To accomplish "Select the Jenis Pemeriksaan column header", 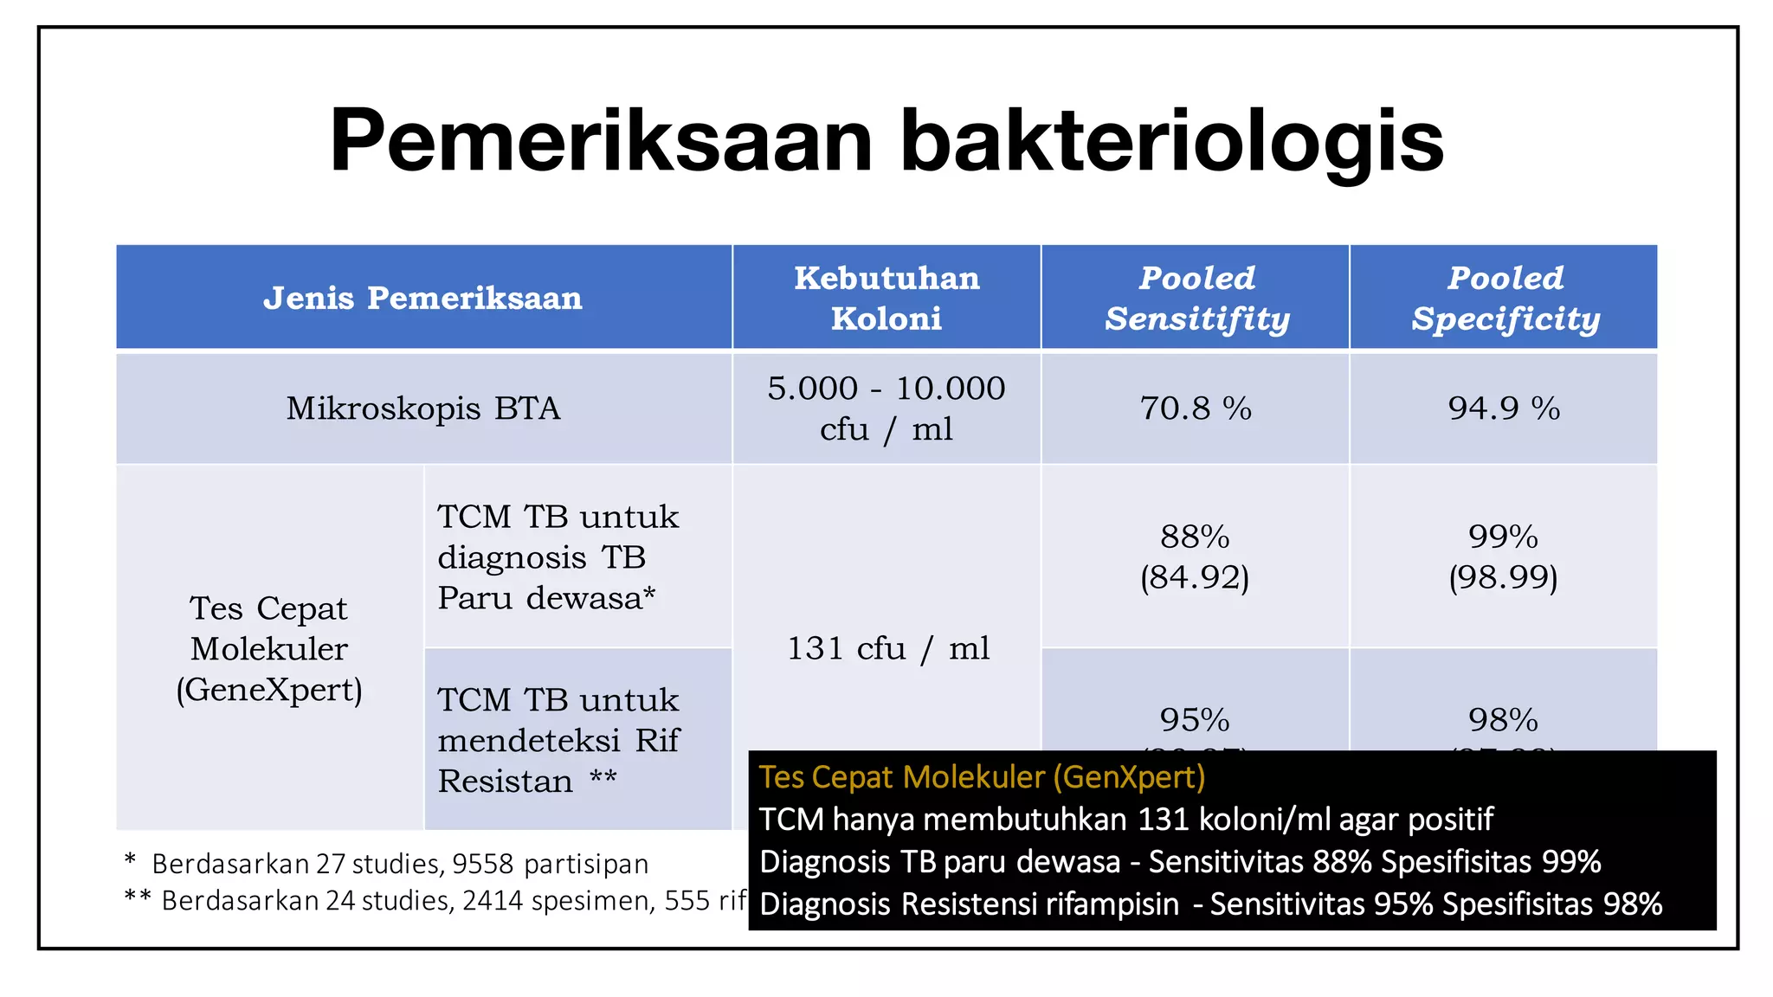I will (x=422, y=298).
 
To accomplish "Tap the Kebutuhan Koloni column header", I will (x=886, y=298).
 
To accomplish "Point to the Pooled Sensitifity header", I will (x=1196, y=298).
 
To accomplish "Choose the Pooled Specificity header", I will (x=1505, y=298).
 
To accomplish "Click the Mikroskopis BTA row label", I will (x=422, y=408).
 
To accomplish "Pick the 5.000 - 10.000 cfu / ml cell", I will (x=886, y=408).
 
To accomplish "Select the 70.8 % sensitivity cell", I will (x=1196, y=408).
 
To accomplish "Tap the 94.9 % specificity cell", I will (x=1505, y=408).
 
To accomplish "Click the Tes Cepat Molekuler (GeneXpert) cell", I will (x=269, y=648).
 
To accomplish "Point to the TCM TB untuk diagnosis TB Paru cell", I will (x=558, y=556).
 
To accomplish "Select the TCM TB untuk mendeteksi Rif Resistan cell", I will (x=558, y=740).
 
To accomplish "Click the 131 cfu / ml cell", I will (x=886, y=648).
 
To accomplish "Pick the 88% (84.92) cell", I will (x=1195, y=556).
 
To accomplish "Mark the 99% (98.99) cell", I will (x=1504, y=556).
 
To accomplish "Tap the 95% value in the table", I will (x=1195, y=719).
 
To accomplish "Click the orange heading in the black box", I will (x=982, y=777).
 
